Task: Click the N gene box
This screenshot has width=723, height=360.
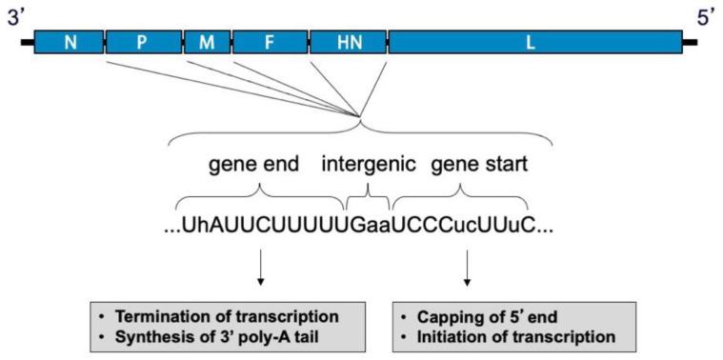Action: point(69,42)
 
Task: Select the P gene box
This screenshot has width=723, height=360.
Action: point(142,42)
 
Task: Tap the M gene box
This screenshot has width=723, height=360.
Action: point(207,42)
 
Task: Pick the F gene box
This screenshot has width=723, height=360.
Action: point(270,42)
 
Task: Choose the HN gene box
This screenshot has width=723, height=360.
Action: point(348,42)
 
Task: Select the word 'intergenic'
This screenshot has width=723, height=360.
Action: point(368,164)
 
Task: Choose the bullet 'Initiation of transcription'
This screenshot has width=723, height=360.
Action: point(510,335)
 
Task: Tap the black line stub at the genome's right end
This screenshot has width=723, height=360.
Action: point(691,42)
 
